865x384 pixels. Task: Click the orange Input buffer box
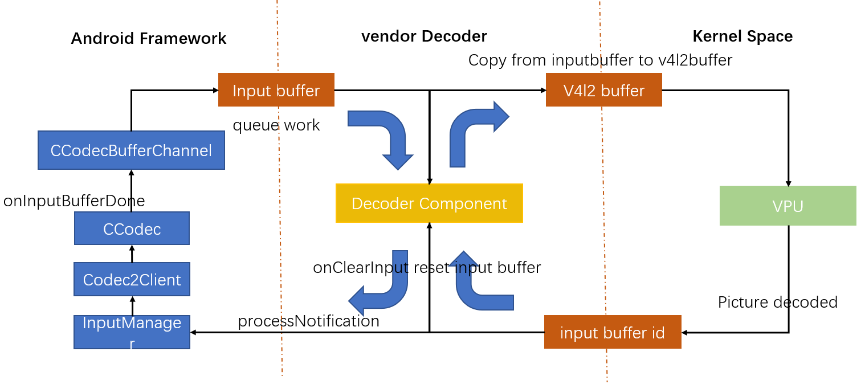point(276,90)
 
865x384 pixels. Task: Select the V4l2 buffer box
point(603,90)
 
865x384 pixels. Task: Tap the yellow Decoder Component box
point(429,203)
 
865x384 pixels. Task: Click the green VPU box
point(788,206)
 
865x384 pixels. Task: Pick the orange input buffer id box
point(613,332)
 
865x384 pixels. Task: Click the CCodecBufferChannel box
point(131,150)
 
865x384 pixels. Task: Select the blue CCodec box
point(132,228)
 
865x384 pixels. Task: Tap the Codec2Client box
point(132,280)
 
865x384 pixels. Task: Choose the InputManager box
point(132,332)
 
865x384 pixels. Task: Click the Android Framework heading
point(149,38)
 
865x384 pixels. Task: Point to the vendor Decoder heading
point(424,36)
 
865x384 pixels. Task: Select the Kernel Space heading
point(742,36)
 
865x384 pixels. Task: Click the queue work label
point(276,125)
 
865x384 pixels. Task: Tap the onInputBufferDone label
point(74,201)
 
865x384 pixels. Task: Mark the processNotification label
point(308,321)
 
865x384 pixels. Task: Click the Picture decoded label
point(777,302)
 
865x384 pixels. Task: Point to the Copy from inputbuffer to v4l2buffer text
point(600,60)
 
